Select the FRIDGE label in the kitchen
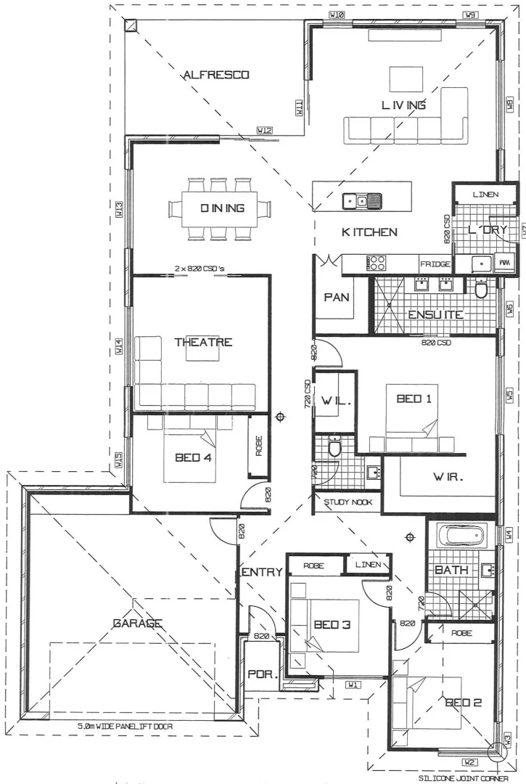coord(435,264)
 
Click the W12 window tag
coord(264,131)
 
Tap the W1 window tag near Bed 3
coord(353,685)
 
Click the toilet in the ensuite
coord(480,290)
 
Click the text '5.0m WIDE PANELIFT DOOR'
coord(125,726)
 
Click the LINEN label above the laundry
coord(485,195)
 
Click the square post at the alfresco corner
coord(131,25)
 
